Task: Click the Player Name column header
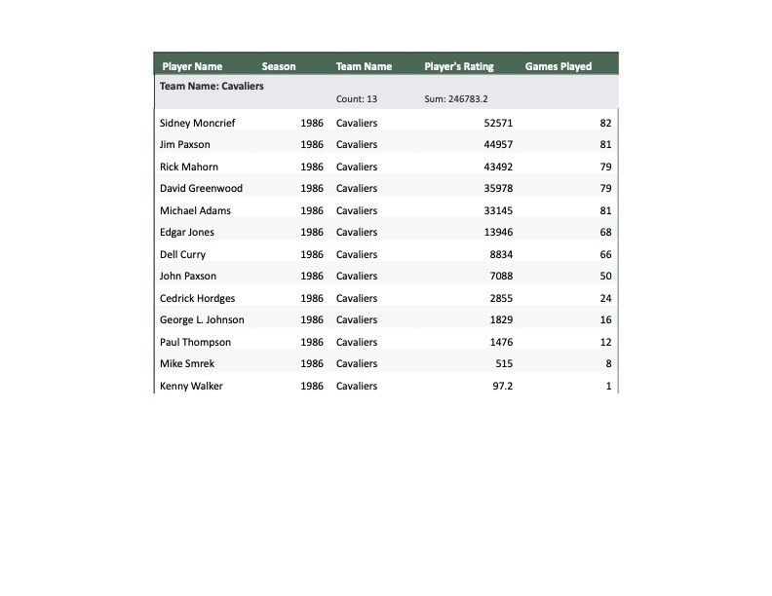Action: pos(192,67)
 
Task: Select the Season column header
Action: pos(279,67)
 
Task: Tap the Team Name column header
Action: pos(364,67)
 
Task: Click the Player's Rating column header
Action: pos(459,67)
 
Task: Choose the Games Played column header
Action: pos(559,67)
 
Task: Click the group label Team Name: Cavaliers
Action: pos(212,86)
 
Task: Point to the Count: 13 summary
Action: pos(357,99)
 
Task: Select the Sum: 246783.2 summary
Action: pos(456,99)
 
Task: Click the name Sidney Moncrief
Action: pos(197,123)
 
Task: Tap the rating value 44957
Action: pos(498,145)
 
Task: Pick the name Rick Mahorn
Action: pos(189,167)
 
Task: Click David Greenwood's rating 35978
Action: pos(498,189)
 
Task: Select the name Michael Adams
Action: pos(195,210)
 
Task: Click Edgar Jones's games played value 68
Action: pos(605,233)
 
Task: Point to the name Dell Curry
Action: pos(182,254)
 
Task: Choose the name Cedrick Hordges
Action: pos(197,298)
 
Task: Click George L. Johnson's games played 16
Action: pos(605,320)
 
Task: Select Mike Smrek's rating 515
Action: pos(504,364)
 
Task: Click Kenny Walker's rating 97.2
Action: pos(503,387)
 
